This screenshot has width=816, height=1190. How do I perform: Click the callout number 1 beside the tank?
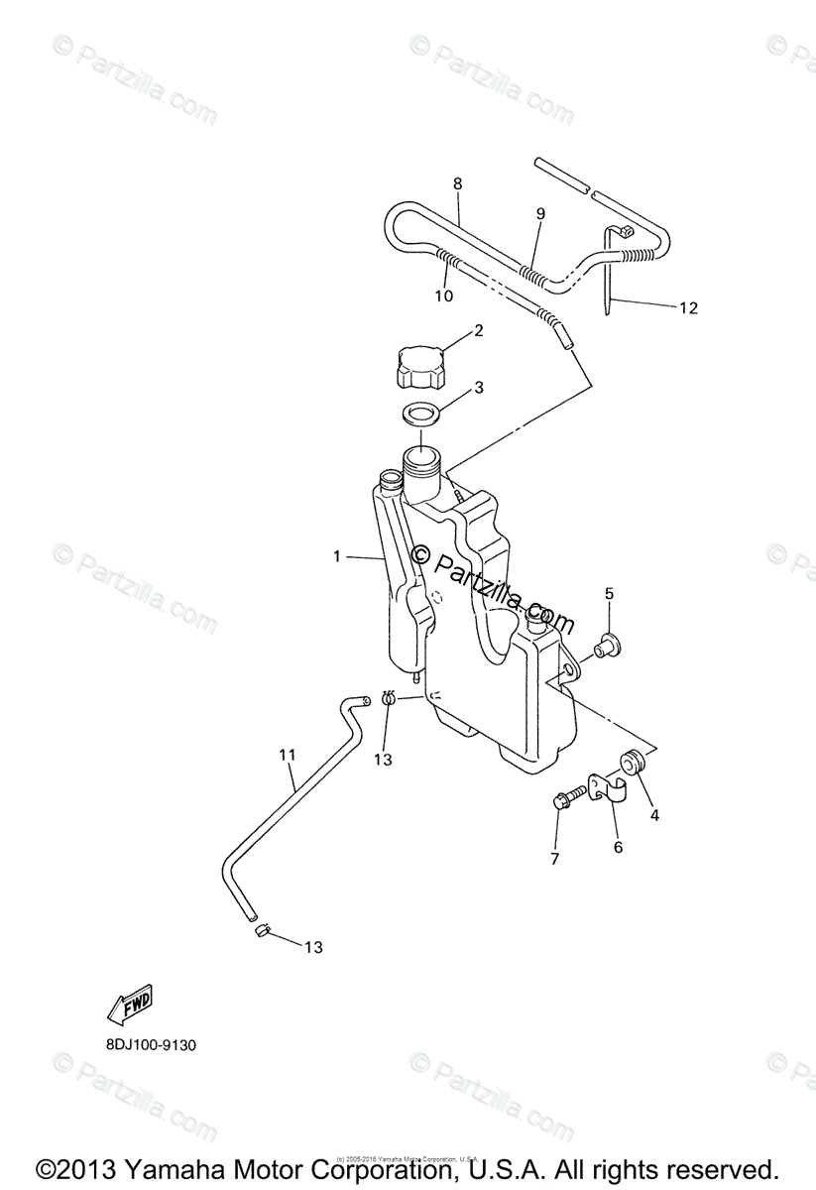336,557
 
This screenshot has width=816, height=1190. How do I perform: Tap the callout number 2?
478,331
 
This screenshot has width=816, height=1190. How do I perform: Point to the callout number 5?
610,594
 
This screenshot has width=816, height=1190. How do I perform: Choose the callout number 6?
618,847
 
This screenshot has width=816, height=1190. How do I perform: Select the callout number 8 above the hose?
457,183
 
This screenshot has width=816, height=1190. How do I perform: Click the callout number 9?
540,213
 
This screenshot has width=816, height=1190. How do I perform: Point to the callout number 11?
288,756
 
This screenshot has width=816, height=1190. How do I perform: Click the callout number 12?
688,308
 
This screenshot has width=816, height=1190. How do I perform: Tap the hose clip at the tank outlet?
390,700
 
